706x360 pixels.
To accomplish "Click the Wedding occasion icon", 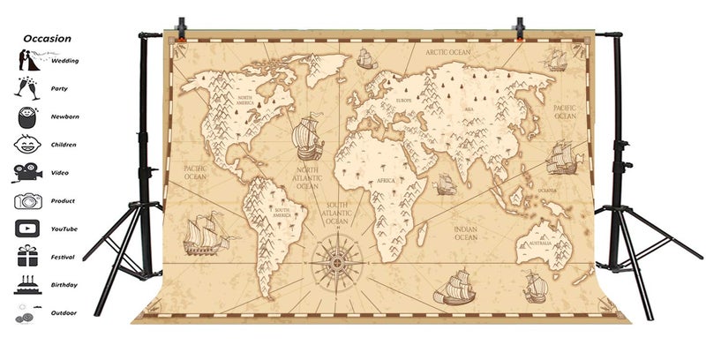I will (x=24, y=61).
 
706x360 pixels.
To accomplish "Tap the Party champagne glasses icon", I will (x=24, y=88).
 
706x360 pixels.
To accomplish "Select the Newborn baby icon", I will (x=24, y=116).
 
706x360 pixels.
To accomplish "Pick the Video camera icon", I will (x=24, y=172).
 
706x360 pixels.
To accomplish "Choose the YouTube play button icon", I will (x=24, y=229).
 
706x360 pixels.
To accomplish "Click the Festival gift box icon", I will (x=24, y=257).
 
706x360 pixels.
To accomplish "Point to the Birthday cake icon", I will (x=24, y=284).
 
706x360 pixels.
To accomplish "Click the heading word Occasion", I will (x=48, y=39).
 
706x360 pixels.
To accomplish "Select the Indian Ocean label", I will (x=465, y=233).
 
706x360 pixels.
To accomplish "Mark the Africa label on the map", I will (x=386, y=180).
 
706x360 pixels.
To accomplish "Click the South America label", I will (x=282, y=212).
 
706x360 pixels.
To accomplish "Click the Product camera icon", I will (x=24, y=200).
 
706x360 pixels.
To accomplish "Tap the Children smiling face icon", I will (x=24, y=144).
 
